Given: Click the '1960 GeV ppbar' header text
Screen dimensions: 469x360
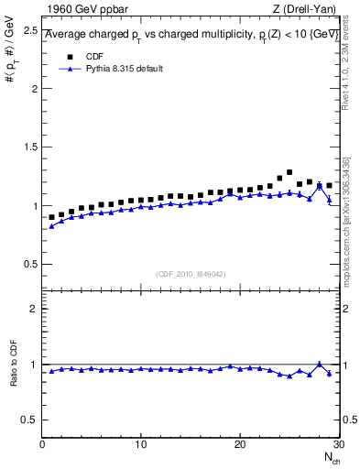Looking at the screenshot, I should click(81, 10).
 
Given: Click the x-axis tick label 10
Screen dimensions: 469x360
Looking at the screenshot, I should click(140, 444).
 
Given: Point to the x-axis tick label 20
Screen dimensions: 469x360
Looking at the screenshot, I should click(239, 444).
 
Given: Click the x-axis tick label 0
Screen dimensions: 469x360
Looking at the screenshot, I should click(43, 444).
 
